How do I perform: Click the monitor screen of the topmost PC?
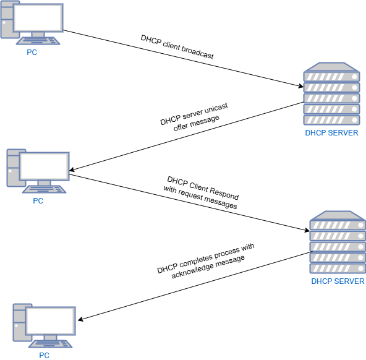[x=38, y=17]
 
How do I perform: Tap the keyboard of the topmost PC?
[x=38, y=41]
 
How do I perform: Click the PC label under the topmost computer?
[x=32, y=53]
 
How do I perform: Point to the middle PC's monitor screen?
[x=45, y=166]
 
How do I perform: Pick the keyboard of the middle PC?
[x=44, y=189]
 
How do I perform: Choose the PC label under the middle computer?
[x=38, y=201]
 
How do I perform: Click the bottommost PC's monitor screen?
[x=51, y=320]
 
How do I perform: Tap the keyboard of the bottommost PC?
[x=50, y=344]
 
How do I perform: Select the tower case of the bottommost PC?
[x=19, y=322]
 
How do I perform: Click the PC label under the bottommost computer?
[x=45, y=356]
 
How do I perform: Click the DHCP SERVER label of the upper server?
[x=331, y=133]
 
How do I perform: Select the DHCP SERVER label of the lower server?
[x=338, y=281]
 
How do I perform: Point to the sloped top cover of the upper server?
[x=331, y=66]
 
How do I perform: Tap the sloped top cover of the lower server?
[x=338, y=215]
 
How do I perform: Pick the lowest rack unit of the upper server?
[x=331, y=120]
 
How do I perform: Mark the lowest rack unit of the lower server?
[x=338, y=268]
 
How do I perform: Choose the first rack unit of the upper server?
[x=331, y=76]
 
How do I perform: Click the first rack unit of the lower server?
[x=338, y=225]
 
